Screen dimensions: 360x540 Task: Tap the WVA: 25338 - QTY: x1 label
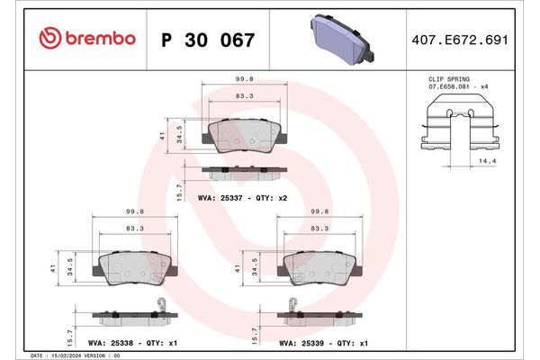[131, 342]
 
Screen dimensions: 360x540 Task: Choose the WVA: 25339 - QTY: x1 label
[321, 342]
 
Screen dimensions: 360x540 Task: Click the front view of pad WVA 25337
[243, 136]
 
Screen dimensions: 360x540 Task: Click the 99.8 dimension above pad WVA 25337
[242, 78]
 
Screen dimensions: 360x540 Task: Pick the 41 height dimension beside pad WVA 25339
[237, 268]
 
